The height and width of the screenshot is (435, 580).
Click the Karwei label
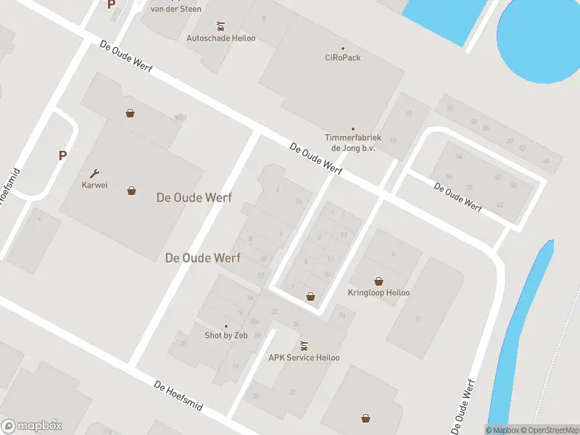pos(94,185)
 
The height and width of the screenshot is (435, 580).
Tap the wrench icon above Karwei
pos(94,173)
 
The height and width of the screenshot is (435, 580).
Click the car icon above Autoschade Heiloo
pos(220,25)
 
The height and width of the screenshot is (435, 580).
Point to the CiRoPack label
pos(342,57)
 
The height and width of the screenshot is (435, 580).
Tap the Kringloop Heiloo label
pos(379,293)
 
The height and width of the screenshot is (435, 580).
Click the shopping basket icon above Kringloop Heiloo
pos(378,281)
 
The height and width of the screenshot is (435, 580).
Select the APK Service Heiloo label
pos(304,357)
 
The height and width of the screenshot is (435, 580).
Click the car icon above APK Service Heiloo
pos(304,345)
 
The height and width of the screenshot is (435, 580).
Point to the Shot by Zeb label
pos(225,336)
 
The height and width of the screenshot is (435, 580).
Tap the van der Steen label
pos(175,9)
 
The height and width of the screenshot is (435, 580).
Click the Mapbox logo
pos(31,426)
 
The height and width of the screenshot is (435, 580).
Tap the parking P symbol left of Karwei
pos(62,155)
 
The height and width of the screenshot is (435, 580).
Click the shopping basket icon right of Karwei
pos(131,191)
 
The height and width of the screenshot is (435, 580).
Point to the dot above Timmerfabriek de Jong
pos(353,129)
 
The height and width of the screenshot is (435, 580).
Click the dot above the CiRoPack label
pos(342,48)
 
